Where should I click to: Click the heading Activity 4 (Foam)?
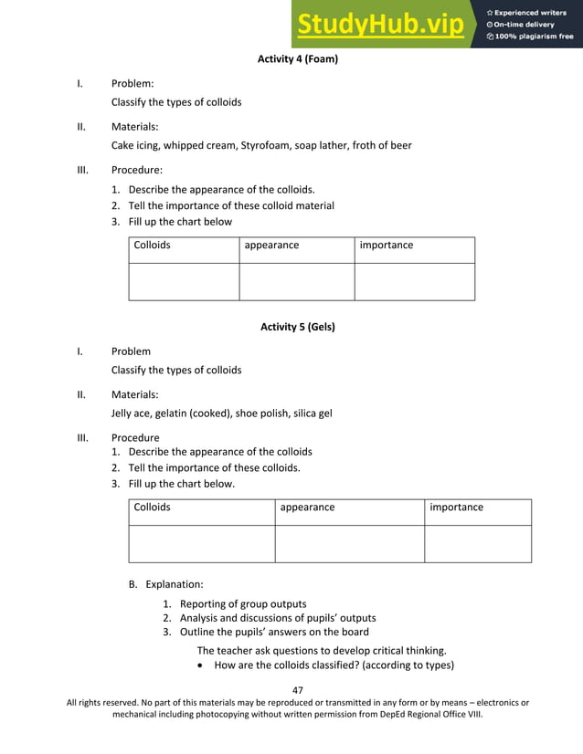point(298,59)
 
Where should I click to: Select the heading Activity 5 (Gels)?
point(298,327)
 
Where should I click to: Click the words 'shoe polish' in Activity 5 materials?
point(260,413)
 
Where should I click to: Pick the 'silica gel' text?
point(312,413)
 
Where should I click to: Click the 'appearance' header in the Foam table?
point(271,246)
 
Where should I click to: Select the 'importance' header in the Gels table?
point(456,508)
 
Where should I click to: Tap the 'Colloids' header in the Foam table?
point(153,246)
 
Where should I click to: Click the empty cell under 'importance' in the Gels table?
point(477,543)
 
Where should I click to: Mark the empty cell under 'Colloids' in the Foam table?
point(184,281)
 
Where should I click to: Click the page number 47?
point(297,690)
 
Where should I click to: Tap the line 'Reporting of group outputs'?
point(243,603)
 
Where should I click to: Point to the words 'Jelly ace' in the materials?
point(131,413)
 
